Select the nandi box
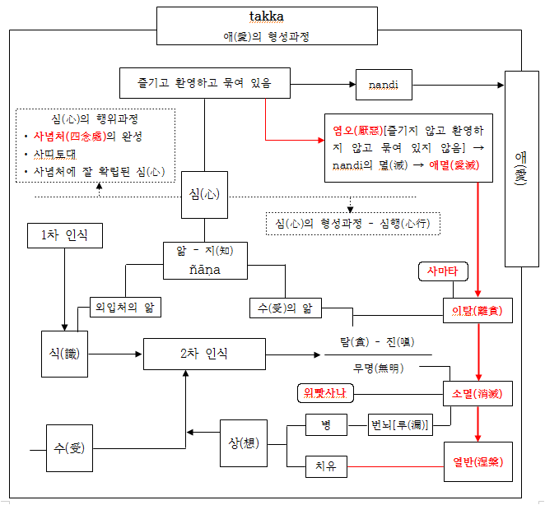[x=383, y=85]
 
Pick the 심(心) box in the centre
[x=204, y=195]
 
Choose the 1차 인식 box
[x=64, y=236]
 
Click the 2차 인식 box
[x=204, y=354]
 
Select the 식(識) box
[x=64, y=354]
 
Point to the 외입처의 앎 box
[x=125, y=308]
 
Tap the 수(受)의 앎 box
[x=283, y=308]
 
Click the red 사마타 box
[x=442, y=271]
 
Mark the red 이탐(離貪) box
[x=477, y=311]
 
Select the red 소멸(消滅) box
[x=477, y=393]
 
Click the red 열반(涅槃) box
[x=477, y=462]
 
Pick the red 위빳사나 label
[x=325, y=393]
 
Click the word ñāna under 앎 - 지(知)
[x=205, y=269]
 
